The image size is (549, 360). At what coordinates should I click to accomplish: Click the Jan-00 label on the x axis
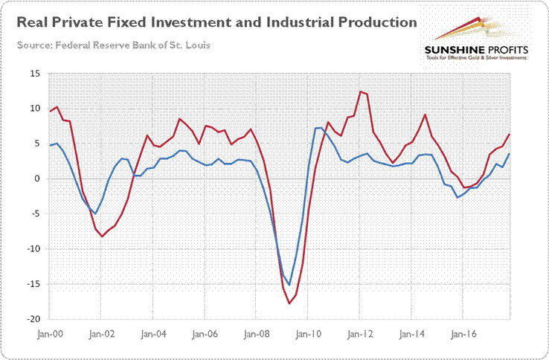[50, 334]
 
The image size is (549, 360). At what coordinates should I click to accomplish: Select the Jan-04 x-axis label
[152, 334]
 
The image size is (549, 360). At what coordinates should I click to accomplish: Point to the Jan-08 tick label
[255, 334]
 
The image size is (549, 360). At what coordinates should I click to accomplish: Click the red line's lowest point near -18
[289, 303]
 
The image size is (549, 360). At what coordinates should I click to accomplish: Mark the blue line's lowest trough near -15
[289, 285]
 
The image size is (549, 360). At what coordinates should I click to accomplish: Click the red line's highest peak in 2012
[360, 91]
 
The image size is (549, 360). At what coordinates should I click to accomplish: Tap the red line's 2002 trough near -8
[102, 236]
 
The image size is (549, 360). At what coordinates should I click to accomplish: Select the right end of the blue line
[509, 154]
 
